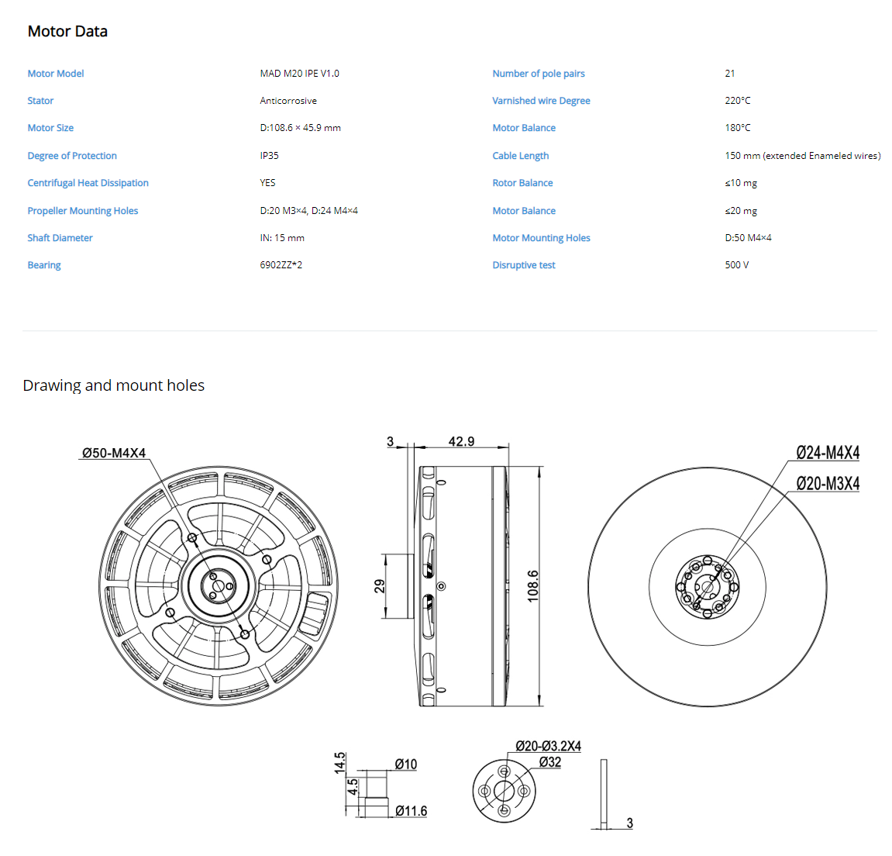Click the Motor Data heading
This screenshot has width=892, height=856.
pyautogui.click(x=67, y=31)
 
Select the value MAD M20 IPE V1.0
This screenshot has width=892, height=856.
pyautogui.click(x=299, y=74)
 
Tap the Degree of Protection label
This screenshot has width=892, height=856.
pyautogui.click(x=72, y=155)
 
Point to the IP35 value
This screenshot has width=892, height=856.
pyautogui.click(x=269, y=155)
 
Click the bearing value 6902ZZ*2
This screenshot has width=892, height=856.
pyautogui.click(x=281, y=264)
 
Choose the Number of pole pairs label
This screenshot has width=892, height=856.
pyautogui.click(x=539, y=74)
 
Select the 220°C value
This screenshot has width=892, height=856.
pyautogui.click(x=737, y=101)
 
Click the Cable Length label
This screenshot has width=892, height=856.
pyautogui.click(x=521, y=155)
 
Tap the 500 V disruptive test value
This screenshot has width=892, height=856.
pyautogui.click(x=737, y=264)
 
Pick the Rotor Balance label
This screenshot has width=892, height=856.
pyautogui.click(x=523, y=183)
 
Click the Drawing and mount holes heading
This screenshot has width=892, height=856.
pyautogui.click(x=114, y=385)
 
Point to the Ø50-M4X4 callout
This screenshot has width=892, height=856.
pyautogui.click(x=114, y=453)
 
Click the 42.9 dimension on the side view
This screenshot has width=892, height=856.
pyautogui.click(x=461, y=441)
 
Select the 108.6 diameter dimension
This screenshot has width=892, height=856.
pyautogui.click(x=532, y=585)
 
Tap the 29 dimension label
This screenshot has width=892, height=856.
pyautogui.click(x=380, y=585)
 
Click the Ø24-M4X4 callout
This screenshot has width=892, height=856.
pyautogui.click(x=828, y=453)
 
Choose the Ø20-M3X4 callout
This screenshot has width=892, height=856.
pyautogui.click(x=828, y=484)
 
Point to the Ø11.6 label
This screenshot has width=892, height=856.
pyautogui.click(x=412, y=810)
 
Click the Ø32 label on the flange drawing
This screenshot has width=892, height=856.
pyautogui.click(x=550, y=762)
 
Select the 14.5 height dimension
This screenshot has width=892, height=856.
pyautogui.click(x=339, y=763)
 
